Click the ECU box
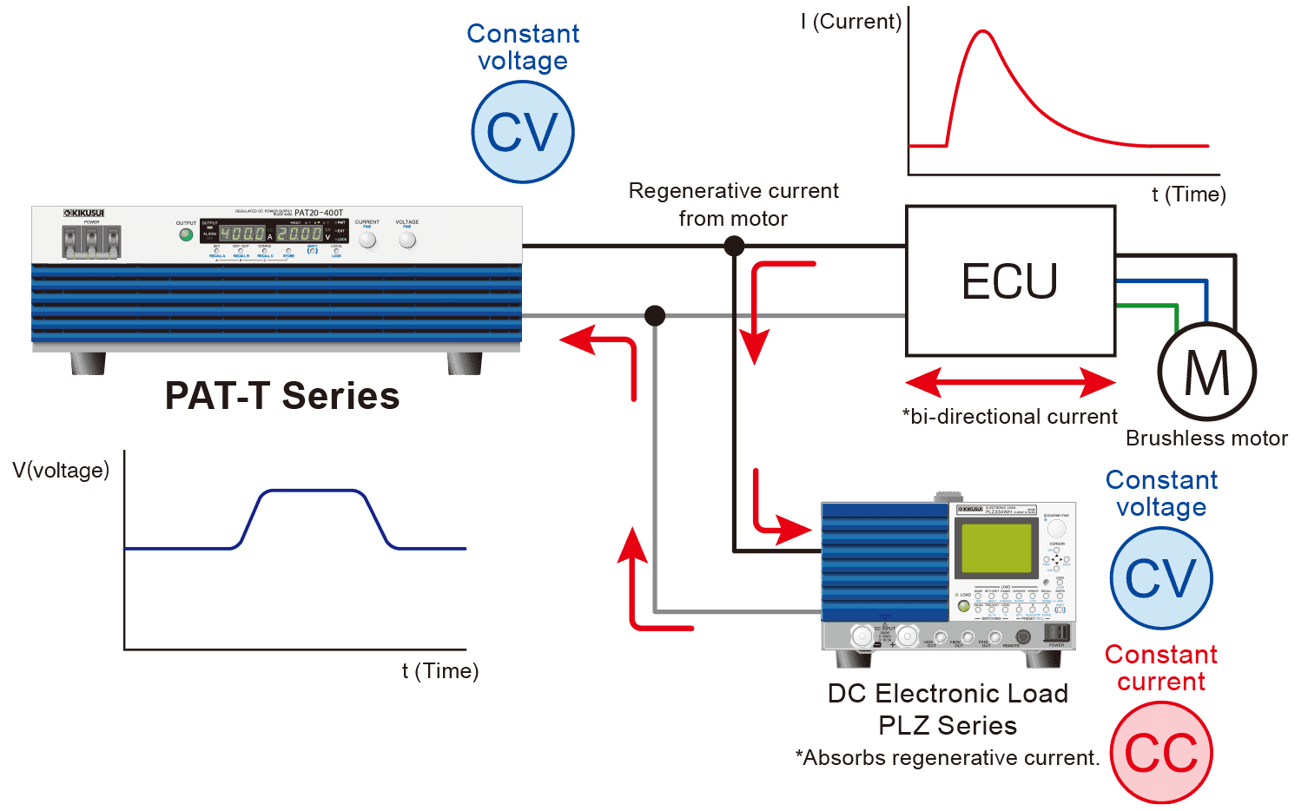point(1010,280)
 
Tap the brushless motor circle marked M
point(1206,372)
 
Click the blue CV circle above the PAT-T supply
point(523,132)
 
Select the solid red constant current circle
point(1161,752)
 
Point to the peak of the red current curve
point(982,31)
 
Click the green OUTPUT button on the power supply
point(186,234)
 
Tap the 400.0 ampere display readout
point(241,234)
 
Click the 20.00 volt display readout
point(300,234)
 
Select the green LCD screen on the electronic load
point(996,548)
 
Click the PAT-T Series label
point(282,396)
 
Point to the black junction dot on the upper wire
point(734,247)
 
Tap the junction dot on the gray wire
point(655,315)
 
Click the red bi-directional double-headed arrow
point(1010,382)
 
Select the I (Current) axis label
point(851,22)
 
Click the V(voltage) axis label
point(61,471)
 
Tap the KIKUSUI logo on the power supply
point(84,213)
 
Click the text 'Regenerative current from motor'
point(733,204)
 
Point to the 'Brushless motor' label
point(1206,438)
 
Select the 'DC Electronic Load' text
point(948,693)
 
